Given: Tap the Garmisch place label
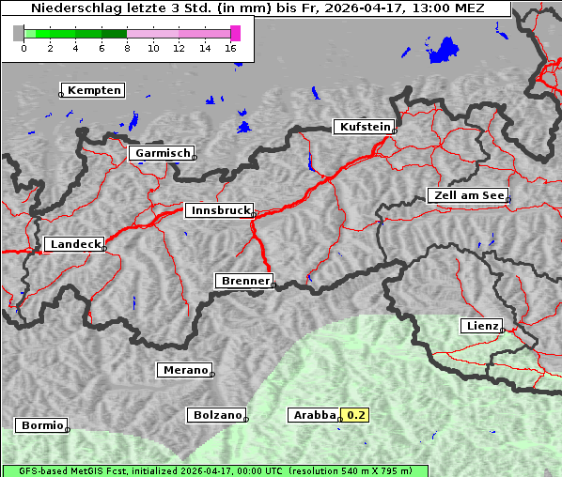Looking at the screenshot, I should [164, 153].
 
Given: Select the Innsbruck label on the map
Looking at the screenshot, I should [220, 211].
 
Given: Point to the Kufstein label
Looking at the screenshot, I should [364, 127].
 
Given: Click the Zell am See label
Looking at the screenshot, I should [469, 195].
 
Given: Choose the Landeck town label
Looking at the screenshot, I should [75, 244].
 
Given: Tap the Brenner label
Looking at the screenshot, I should [245, 281].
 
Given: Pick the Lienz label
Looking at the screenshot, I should [481, 326].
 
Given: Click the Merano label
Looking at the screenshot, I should [185, 370].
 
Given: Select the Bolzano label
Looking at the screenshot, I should [218, 414].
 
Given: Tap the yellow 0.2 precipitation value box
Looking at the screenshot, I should [356, 414].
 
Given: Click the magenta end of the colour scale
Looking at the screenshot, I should [235, 33].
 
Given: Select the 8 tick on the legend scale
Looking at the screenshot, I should [127, 48].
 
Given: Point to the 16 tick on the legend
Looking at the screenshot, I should [231, 48].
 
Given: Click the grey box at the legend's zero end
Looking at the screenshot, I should [19, 33].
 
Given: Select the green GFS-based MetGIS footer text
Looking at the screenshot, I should [214, 470].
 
